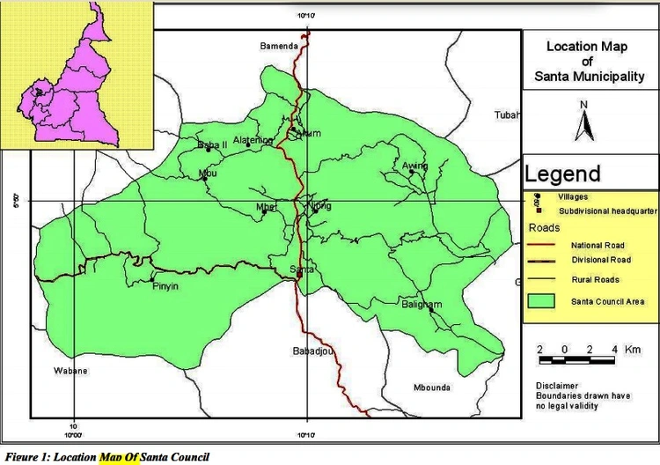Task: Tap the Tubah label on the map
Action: (507, 114)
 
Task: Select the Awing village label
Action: (414, 166)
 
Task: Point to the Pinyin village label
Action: (165, 287)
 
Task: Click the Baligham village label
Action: (422, 305)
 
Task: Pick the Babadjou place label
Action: (311, 351)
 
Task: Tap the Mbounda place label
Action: (431, 387)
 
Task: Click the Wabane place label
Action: (70, 371)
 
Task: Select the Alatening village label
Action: (253, 140)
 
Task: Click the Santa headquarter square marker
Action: (299, 274)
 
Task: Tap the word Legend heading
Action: (563, 173)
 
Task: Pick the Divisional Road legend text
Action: (601, 260)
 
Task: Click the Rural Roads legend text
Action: (595, 280)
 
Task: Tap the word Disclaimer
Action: (558, 386)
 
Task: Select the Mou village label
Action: (208, 173)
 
